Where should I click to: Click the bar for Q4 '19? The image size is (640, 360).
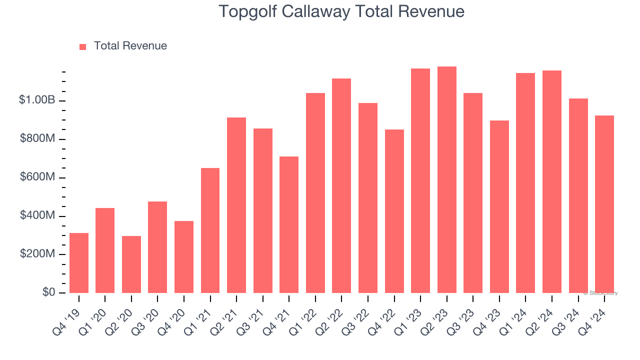79,263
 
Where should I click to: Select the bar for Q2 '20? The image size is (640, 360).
131,264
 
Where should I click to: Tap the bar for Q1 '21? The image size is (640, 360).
210,230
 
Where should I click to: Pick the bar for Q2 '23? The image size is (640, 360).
446,180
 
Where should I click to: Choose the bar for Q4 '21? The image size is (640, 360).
289,225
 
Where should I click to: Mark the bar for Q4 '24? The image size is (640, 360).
604,204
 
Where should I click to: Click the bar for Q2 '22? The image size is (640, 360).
341,186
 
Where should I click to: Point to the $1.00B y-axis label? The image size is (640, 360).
37,100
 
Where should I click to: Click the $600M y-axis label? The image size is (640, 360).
37,177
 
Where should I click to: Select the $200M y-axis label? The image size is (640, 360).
37,254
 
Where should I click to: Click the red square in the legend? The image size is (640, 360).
83,46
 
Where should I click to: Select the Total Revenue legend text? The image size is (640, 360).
130,46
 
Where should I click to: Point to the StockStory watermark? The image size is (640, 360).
600,293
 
